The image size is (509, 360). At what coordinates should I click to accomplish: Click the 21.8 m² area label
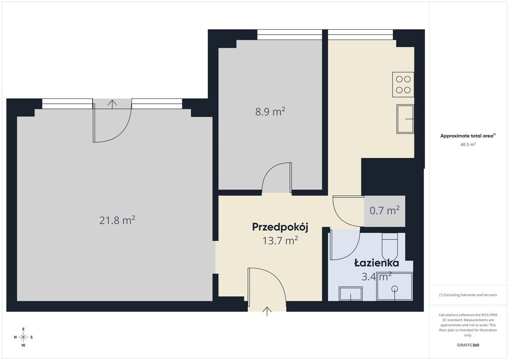click(x=117, y=220)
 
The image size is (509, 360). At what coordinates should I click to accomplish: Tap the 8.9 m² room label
click(x=270, y=112)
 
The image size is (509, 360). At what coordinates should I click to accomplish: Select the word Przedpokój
click(x=280, y=228)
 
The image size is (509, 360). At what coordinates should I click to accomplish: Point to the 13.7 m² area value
click(x=280, y=241)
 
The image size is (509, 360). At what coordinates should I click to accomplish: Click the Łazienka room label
click(x=377, y=263)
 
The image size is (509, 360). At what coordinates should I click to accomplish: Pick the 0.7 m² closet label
click(x=385, y=211)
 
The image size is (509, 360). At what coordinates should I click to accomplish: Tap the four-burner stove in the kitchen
click(x=403, y=85)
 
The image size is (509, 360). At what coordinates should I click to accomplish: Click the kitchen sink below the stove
click(x=405, y=119)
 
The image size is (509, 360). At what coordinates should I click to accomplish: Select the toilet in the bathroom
click(x=389, y=245)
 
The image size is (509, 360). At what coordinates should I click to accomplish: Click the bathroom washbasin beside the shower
click(x=351, y=294)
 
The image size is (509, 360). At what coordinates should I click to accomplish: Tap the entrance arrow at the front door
click(x=267, y=312)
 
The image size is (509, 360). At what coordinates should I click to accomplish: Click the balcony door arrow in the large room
click(x=113, y=104)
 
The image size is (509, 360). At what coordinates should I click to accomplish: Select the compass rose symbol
click(x=23, y=337)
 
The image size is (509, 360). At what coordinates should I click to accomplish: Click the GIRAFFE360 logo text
click(x=468, y=345)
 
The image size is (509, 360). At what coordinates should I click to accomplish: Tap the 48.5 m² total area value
click(x=468, y=144)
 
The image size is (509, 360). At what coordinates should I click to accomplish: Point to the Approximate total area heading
click(x=467, y=136)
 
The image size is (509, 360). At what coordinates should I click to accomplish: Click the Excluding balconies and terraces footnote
click(x=468, y=295)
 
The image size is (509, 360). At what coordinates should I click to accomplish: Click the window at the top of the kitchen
click(x=360, y=34)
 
